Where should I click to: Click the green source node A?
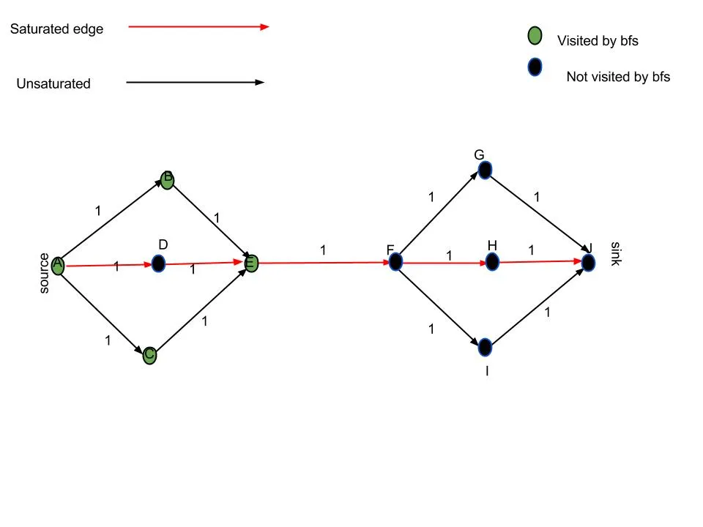pyautogui.click(x=58, y=265)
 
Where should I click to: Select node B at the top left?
pyautogui.click(x=167, y=180)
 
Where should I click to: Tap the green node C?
pyautogui.click(x=149, y=356)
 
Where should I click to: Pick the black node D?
pyautogui.click(x=159, y=263)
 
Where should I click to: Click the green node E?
pyautogui.click(x=251, y=263)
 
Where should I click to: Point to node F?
pyautogui.click(x=395, y=261)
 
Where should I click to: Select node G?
pyautogui.click(x=484, y=170)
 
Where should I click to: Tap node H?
pyautogui.click(x=492, y=261)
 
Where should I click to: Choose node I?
pyautogui.click(x=485, y=346)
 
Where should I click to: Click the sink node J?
pyautogui.click(x=588, y=261)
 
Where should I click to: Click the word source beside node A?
pyautogui.click(x=44, y=274)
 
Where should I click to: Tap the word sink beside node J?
pyautogui.click(x=615, y=253)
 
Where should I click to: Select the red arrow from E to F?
pyautogui.click(x=323, y=262)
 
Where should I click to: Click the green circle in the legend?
pyautogui.click(x=535, y=36)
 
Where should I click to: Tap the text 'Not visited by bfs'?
pyautogui.click(x=618, y=76)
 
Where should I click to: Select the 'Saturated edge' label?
pyautogui.click(x=56, y=29)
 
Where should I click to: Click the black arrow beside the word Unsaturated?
pyautogui.click(x=195, y=83)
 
